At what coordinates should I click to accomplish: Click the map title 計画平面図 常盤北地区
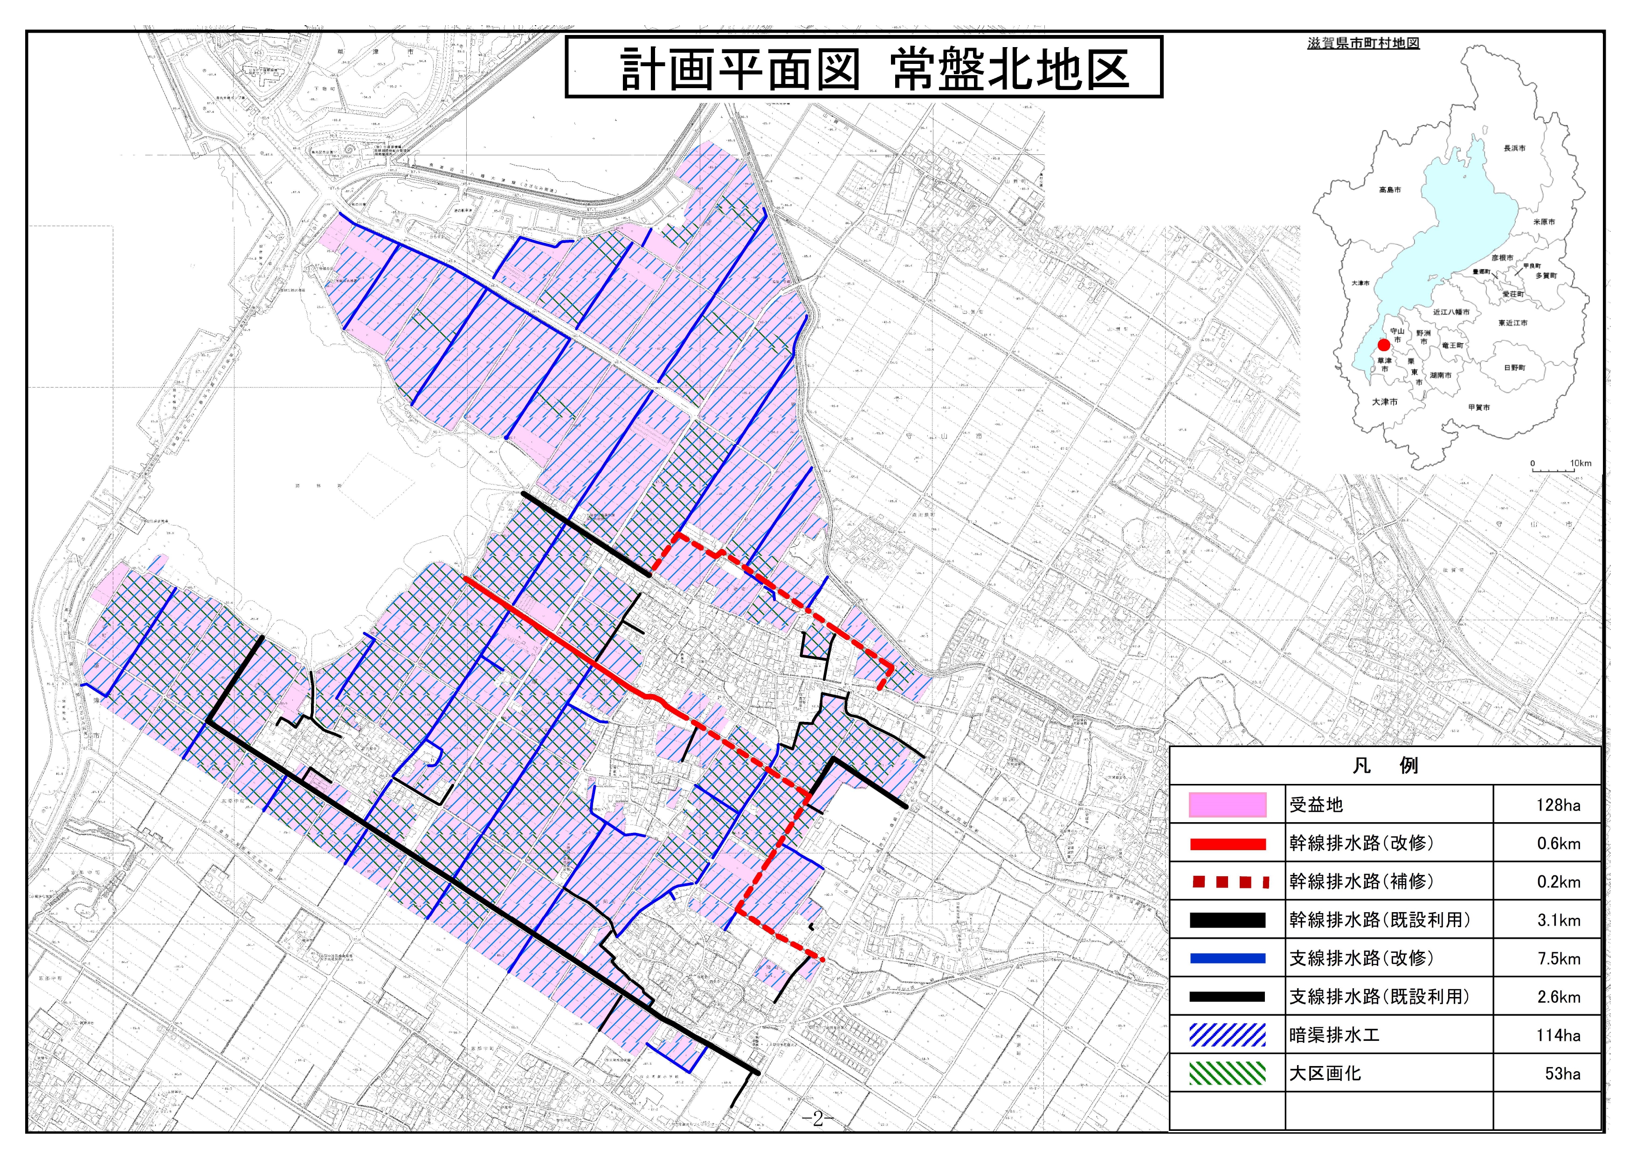click(863, 69)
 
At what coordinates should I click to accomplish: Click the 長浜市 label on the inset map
click(1514, 148)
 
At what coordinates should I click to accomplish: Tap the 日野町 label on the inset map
click(1514, 368)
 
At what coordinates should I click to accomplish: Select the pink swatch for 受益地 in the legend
click(1227, 805)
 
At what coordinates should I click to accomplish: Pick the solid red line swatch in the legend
click(1227, 844)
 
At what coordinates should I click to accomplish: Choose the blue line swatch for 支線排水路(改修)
click(1227, 959)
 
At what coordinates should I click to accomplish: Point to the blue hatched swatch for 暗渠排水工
click(1227, 1035)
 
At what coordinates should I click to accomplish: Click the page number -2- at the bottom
click(817, 1119)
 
